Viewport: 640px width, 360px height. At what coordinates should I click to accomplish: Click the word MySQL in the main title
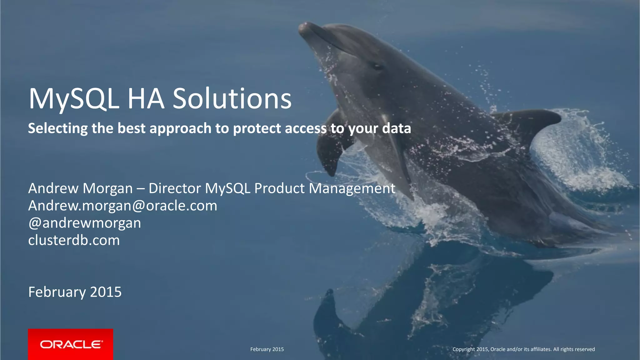pyautogui.click(x=74, y=99)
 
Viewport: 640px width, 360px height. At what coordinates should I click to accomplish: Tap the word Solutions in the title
pyautogui.click(x=232, y=99)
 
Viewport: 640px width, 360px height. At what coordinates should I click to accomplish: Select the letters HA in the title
pyautogui.click(x=146, y=99)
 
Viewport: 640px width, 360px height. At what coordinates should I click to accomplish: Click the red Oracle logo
pyautogui.click(x=71, y=344)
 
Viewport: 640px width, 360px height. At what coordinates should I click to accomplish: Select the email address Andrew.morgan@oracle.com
pyautogui.click(x=122, y=206)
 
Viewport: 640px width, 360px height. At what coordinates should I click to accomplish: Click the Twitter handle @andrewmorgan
pyautogui.click(x=84, y=223)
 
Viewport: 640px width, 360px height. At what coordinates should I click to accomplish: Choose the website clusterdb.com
pyautogui.click(x=74, y=240)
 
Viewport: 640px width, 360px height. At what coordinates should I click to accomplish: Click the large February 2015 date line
pyautogui.click(x=75, y=292)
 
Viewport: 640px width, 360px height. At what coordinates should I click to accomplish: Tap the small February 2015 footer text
pyautogui.click(x=267, y=349)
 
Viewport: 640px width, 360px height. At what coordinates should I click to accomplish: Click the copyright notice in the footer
pyautogui.click(x=523, y=349)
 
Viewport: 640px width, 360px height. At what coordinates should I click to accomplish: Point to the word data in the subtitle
pyautogui.click(x=397, y=128)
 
